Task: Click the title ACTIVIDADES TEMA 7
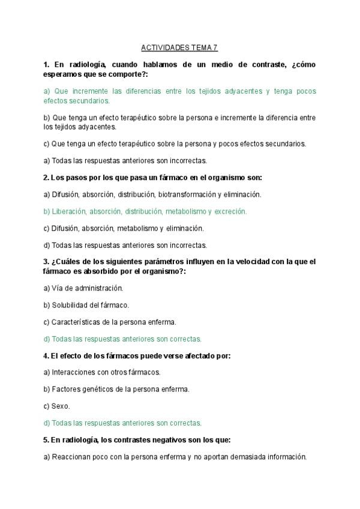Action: tap(179, 47)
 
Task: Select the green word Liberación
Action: tap(70, 211)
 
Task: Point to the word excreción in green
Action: tap(230, 211)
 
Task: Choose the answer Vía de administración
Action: tap(83, 288)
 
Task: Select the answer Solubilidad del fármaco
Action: tap(86, 305)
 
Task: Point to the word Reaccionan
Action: tap(71, 456)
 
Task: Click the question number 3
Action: tap(46, 262)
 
